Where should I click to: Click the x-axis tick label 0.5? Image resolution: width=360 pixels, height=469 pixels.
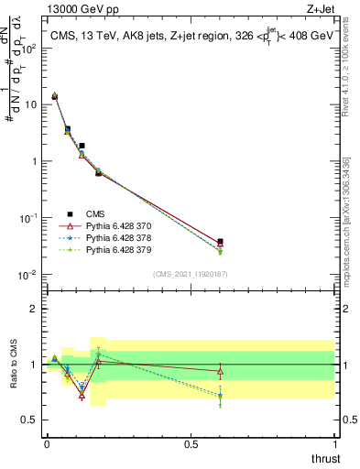click(191, 444)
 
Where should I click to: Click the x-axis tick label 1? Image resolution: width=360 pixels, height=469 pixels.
click(335, 444)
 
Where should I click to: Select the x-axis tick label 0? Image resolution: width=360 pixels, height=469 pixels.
click(47, 444)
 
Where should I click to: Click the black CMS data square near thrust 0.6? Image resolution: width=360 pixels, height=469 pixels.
click(220, 242)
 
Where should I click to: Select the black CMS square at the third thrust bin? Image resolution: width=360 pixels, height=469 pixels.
click(82, 146)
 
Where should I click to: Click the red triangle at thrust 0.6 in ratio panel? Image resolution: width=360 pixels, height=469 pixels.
click(220, 371)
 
